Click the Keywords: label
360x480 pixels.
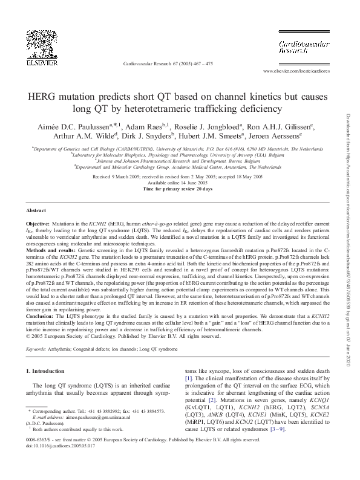tap(38, 349)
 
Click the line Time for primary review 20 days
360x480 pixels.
tap(177, 189)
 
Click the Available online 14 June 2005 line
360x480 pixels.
tap(177, 183)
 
